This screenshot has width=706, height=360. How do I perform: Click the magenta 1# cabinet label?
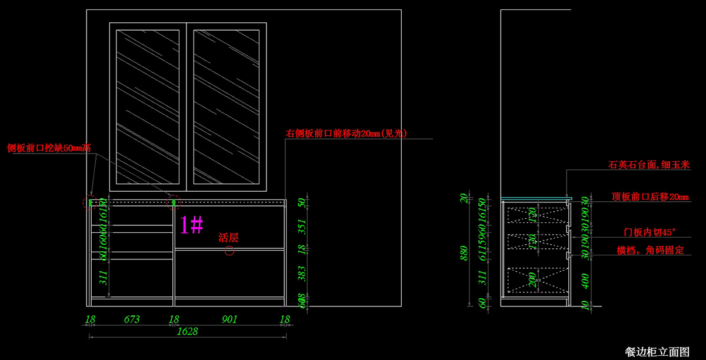(x=191, y=225)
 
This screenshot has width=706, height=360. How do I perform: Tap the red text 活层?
(x=228, y=238)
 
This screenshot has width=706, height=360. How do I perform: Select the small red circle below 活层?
(x=229, y=251)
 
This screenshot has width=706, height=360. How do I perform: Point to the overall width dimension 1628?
(x=187, y=331)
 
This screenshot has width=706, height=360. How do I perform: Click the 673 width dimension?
(x=132, y=319)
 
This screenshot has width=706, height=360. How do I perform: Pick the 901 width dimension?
(x=229, y=319)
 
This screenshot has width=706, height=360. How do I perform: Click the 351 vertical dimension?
(x=302, y=225)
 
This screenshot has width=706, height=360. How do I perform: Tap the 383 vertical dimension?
(x=302, y=273)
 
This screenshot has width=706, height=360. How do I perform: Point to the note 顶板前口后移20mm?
(x=650, y=197)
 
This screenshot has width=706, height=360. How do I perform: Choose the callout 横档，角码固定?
(x=650, y=250)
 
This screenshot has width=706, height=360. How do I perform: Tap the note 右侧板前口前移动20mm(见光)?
(x=347, y=134)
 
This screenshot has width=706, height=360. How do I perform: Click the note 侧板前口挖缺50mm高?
(x=48, y=148)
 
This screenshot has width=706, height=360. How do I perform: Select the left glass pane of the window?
(x=148, y=106)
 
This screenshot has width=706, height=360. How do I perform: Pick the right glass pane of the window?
(x=227, y=106)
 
